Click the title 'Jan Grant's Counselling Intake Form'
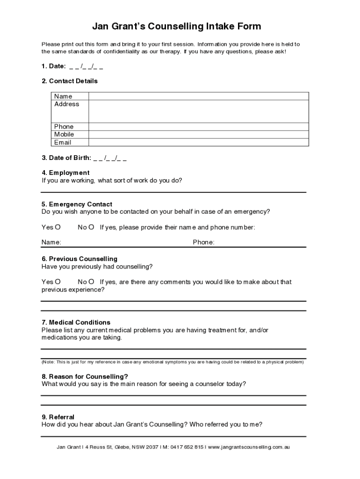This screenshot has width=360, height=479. pyautogui.click(x=176, y=26)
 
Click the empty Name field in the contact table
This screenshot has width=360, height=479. pyautogui.click(x=198, y=96)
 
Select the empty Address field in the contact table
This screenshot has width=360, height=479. pyautogui.click(x=198, y=111)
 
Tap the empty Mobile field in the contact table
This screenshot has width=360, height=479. pyautogui.click(x=198, y=134)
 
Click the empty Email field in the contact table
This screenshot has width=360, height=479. pyautogui.click(x=198, y=142)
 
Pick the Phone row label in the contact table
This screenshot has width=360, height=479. pyautogui.click(x=64, y=127)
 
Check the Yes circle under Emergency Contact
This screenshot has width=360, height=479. pyautogui.click(x=58, y=227)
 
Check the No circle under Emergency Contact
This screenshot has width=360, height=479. pyautogui.click(x=92, y=227)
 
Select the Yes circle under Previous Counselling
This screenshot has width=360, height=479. pyautogui.click(x=58, y=282)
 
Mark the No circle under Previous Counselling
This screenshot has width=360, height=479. pyautogui.click(x=92, y=282)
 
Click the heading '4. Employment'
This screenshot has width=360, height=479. pyautogui.click(x=65, y=173)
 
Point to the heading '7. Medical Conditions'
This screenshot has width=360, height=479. pyautogui.click(x=76, y=322)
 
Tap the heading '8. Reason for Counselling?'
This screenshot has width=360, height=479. pyautogui.click(x=85, y=377)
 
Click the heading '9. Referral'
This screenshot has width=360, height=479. pyautogui.click(x=58, y=417)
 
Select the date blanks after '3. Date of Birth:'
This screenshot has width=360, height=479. pyautogui.click(x=110, y=158)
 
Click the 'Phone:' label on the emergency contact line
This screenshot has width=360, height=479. pyautogui.click(x=203, y=242)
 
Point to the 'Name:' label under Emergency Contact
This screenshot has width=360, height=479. pyautogui.click(x=51, y=242)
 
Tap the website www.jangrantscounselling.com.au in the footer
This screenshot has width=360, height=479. pyautogui.click(x=249, y=447)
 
